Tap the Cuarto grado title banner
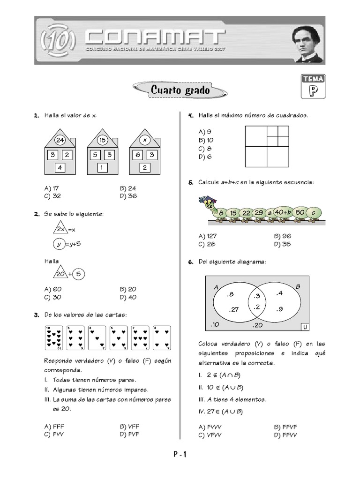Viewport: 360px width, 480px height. click(x=180, y=90)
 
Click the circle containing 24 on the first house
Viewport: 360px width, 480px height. click(x=60, y=140)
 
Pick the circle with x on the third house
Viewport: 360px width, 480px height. click(x=144, y=140)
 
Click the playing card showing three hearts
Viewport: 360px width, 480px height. click(x=97, y=338)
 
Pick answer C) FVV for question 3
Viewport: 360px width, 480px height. click(x=51, y=435)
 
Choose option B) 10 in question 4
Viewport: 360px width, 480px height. click(x=206, y=140)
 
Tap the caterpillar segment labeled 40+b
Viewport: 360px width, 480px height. click(x=283, y=212)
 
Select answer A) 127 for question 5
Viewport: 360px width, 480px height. click(x=208, y=236)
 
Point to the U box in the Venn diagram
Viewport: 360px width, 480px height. click(x=305, y=326)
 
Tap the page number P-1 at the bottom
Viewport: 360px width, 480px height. click(x=180, y=454)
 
